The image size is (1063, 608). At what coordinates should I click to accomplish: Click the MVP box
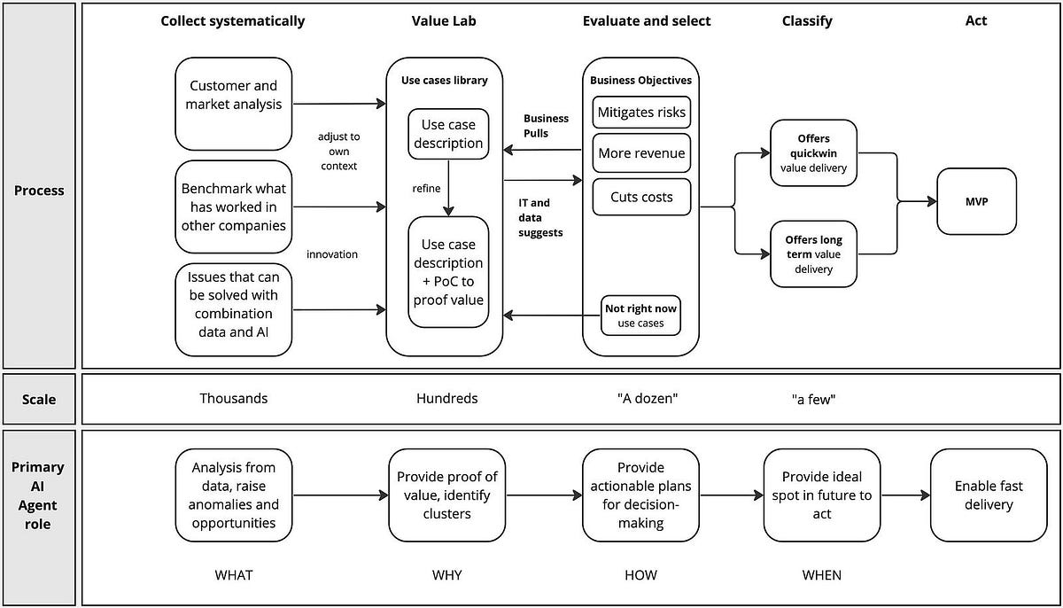coord(976,202)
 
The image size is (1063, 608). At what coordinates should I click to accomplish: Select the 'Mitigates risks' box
coord(640,113)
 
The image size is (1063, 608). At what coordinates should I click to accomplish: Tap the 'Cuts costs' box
coord(640,197)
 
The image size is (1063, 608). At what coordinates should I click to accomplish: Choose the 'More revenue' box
coord(640,153)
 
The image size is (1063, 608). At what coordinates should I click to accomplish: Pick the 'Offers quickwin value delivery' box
coord(814,152)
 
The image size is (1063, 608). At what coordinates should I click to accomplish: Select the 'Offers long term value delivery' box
coord(814,254)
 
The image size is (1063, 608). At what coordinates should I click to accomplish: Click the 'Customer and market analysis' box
coord(234,95)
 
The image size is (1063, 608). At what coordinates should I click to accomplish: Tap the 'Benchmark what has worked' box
coord(234,207)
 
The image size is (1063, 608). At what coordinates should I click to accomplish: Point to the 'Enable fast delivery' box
coord(988,495)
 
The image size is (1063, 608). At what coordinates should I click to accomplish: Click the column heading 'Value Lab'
coord(444,20)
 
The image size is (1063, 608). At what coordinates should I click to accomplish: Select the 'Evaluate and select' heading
coord(647,20)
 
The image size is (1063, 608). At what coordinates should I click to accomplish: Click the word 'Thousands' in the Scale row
coord(234,398)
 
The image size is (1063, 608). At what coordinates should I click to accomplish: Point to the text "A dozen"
coord(647,398)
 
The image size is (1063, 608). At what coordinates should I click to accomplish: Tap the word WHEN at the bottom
coord(821,575)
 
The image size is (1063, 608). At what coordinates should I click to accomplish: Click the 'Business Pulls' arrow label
coord(546,125)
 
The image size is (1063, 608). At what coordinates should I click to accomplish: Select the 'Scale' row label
coord(39,399)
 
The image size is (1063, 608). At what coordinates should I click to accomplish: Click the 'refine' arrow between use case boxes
coord(448,188)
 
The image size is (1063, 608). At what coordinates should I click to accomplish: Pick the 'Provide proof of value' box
coord(447,495)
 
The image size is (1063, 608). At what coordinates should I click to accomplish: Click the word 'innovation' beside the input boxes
coord(332,254)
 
